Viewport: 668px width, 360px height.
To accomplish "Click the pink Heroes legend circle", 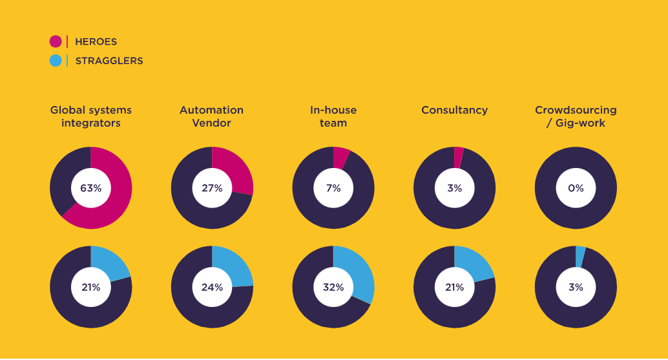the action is click(56, 41).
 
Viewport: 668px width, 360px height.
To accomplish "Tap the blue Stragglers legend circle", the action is click(56, 61).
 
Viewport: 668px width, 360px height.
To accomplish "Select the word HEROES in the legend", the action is click(96, 42).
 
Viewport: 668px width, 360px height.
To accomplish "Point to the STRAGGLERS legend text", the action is click(109, 61).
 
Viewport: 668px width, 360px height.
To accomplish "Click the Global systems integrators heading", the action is click(90, 116).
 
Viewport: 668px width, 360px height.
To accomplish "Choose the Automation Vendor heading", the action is click(212, 116).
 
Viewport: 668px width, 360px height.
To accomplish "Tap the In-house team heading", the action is click(333, 116).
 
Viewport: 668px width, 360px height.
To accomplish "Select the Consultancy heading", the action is click(455, 110).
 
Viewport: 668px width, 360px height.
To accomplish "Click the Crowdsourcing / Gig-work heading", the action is click(576, 116).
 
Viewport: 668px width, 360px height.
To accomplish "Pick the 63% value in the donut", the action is click(90, 188).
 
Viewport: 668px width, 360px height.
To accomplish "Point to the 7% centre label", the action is click(333, 188).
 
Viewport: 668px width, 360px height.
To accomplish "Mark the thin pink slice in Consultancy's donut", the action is click(458, 158).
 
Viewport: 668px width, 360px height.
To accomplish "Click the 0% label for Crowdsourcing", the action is click(576, 188).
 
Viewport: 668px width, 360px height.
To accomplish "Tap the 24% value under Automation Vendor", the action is click(212, 287).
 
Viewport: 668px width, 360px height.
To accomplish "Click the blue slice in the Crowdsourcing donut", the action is click(579, 257).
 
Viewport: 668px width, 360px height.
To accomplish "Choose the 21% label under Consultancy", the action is click(455, 287).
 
